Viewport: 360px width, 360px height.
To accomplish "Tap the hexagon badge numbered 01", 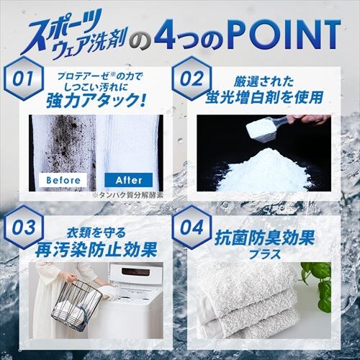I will [x=22, y=78].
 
